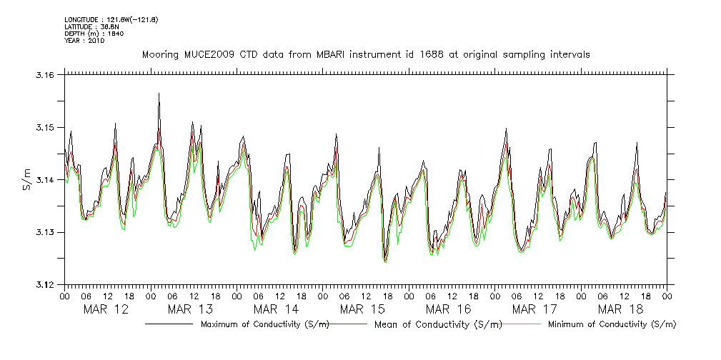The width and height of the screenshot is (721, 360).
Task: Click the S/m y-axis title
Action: (27, 179)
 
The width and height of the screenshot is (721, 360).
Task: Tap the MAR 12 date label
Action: (106, 309)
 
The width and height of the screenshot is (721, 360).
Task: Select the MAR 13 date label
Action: (191, 309)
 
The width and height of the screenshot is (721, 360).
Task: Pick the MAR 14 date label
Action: (277, 309)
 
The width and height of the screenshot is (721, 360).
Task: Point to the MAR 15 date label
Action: (362, 309)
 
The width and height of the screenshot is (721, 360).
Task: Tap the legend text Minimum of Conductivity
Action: (611, 324)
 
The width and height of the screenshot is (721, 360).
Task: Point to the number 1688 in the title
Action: (423, 54)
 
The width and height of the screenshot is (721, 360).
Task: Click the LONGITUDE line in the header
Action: (111, 19)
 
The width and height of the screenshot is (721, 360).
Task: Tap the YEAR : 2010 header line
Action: (84, 41)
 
